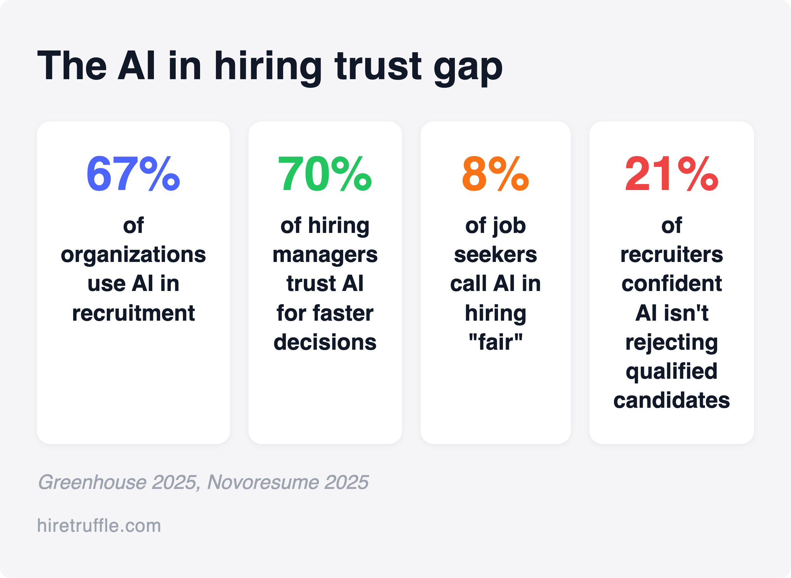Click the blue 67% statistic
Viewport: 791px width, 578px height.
pyautogui.click(x=133, y=174)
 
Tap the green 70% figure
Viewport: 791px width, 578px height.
pyautogui.click(x=325, y=174)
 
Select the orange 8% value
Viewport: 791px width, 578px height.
pyautogui.click(x=495, y=174)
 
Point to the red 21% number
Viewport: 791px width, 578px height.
pyautogui.click(x=671, y=174)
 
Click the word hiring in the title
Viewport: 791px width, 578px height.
pyautogui.click(x=268, y=67)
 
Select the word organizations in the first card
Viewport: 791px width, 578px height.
pyautogui.click(x=133, y=255)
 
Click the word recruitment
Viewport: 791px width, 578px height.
pyautogui.click(x=133, y=313)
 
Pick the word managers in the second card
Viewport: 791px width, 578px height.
pyautogui.click(x=325, y=255)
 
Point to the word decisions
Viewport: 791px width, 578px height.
pyautogui.click(x=325, y=342)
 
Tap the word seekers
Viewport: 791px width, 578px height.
pyautogui.click(x=495, y=254)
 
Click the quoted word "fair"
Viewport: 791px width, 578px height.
pyautogui.click(x=495, y=342)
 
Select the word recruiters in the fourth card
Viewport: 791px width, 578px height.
pyautogui.click(x=671, y=254)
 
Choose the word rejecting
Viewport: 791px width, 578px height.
pyautogui.click(x=671, y=342)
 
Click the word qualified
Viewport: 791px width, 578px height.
pyautogui.click(x=671, y=371)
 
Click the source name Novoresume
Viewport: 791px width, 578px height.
pyautogui.click(x=263, y=482)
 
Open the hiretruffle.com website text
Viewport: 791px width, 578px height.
pyautogui.click(x=99, y=526)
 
